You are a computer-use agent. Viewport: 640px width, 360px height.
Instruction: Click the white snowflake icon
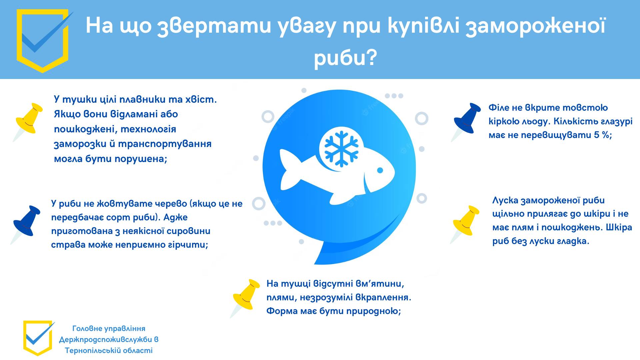click(341, 148)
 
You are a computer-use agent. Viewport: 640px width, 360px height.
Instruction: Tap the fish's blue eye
click(380, 170)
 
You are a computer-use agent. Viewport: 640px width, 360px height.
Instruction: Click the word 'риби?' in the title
click(345, 58)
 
